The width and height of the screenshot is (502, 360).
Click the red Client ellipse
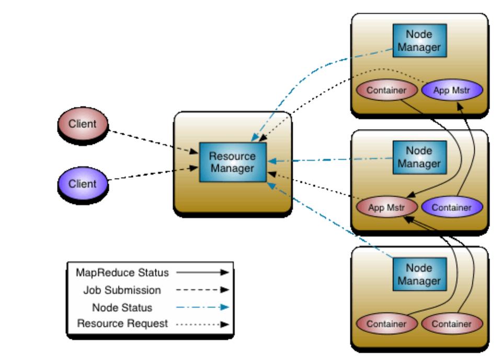click(83, 125)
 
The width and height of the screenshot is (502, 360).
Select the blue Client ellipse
click(83, 184)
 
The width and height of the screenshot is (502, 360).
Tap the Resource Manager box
click(233, 162)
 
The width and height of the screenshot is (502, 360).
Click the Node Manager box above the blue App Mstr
click(419, 41)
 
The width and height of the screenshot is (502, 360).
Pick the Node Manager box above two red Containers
click(419, 275)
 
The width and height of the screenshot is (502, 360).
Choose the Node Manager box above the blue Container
click(419, 157)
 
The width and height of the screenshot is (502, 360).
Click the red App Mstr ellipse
click(387, 207)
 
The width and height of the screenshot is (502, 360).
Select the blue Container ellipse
click(451, 207)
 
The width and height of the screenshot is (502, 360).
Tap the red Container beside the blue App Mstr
click(386, 91)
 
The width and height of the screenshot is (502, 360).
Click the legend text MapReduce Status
click(122, 273)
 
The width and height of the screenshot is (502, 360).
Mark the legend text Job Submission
click(122, 289)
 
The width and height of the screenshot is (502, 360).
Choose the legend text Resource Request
click(122, 324)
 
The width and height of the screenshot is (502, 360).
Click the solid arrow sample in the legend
click(202, 273)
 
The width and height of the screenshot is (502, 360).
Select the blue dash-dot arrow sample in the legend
click(202, 307)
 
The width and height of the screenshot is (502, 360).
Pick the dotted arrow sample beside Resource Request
click(202, 324)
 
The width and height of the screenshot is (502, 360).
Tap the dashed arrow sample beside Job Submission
click(202, 289)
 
